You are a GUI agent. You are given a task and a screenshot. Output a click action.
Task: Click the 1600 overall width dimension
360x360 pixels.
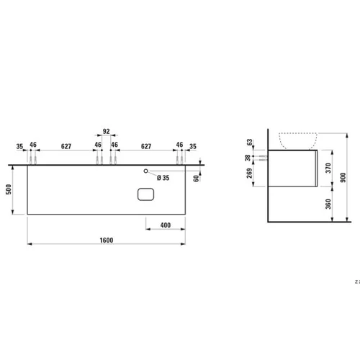coord(107,240)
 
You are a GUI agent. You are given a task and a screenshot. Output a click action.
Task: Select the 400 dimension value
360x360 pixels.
coord(166,225)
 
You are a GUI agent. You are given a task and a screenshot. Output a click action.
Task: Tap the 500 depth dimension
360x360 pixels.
coord(9,189)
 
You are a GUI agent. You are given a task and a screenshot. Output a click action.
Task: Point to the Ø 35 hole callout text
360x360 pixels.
coord(163,178)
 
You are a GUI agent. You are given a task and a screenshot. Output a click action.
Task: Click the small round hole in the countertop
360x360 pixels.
coord(145,171)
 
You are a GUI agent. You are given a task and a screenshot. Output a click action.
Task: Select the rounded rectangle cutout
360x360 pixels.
coord(145,194)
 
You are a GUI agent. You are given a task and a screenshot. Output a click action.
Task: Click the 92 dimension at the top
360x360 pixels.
coord(106,131)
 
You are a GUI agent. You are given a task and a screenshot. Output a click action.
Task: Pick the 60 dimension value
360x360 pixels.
coord(196,179)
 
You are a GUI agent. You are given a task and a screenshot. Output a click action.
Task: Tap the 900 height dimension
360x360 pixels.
coord(343,177)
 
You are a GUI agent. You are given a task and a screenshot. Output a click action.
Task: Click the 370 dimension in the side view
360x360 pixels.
coord(328,168)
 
